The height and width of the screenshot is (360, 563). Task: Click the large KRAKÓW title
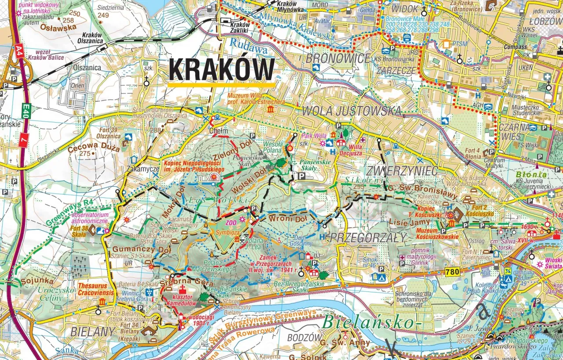click(222, 69)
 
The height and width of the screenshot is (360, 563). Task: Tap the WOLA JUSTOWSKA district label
click(352, 111)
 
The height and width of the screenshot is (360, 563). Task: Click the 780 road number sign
click(452, 272)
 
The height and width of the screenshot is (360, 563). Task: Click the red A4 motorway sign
click(19, 50)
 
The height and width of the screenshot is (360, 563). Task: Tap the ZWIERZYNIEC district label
click(401, 170)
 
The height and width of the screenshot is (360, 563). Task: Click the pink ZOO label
click(231, 222)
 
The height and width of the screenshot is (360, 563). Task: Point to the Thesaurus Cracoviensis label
click(95, 289)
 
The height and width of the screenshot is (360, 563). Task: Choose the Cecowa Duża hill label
click(93, 149)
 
